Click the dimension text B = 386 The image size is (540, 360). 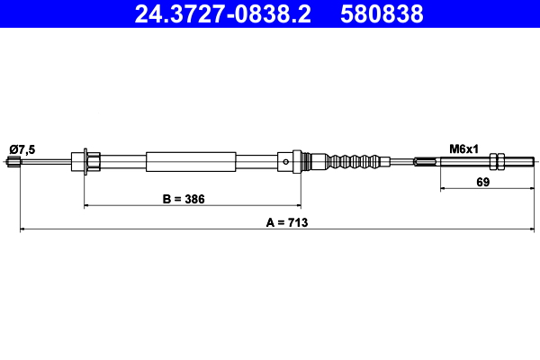184,198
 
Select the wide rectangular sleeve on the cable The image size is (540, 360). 192,162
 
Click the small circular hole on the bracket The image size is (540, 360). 285,163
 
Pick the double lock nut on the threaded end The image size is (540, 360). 495,162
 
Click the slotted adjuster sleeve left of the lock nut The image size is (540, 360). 427,162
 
